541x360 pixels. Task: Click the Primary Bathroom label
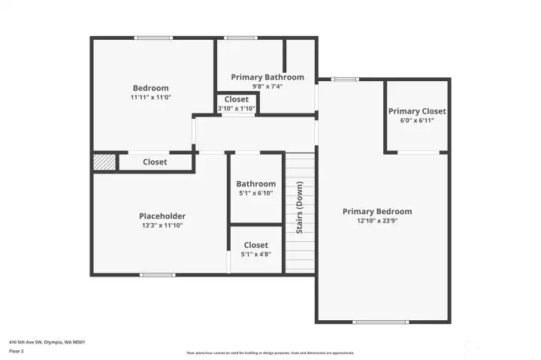click(267, 77)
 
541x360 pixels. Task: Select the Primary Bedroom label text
click(377, 212)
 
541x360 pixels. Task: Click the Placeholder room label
click(162, 216)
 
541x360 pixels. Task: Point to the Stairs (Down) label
click(299, 207)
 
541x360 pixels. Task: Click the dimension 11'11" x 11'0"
click(151, 97)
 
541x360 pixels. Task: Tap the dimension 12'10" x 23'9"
click(377, 221)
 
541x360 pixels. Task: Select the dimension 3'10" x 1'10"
click(237, 108)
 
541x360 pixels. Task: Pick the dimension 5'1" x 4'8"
click(255, 254)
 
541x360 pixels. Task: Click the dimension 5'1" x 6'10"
click(255, 193)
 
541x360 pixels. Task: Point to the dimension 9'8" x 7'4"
click(267, 86)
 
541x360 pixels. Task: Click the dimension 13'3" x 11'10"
click(162, 225)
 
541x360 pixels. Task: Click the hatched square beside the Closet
click(104, 162)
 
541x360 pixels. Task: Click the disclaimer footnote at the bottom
click(270, 352)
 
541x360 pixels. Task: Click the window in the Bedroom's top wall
click(153, 38)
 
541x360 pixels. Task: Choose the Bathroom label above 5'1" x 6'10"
click(255, 184)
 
